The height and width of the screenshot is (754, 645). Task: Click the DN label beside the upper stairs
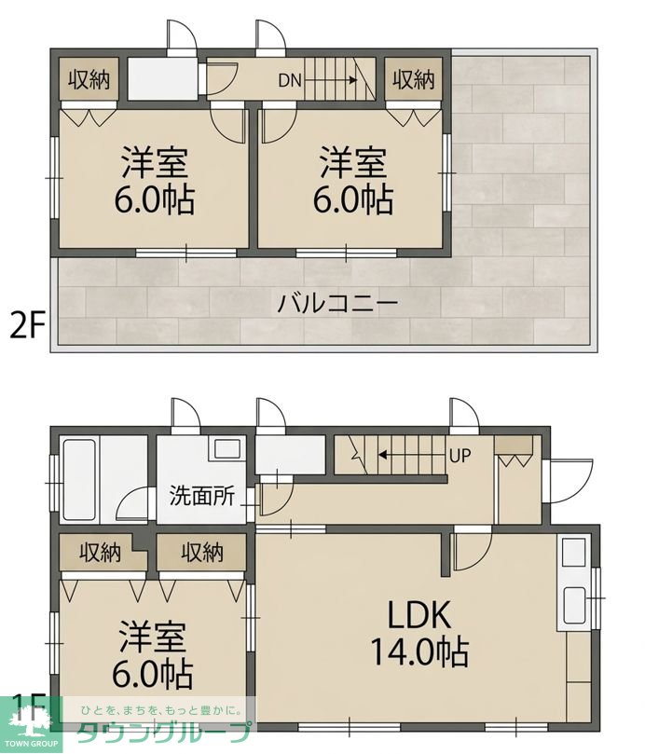coord(290,80)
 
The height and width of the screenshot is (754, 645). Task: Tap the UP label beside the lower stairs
coord(460,455)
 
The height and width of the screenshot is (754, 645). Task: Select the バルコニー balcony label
coord(338,304)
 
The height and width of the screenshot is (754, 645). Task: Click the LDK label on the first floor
coord(419,615)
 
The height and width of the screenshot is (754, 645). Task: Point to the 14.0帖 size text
coord(419,651)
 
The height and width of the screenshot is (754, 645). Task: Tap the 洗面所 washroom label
coord(202,496)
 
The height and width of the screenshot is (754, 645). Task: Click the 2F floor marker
coord(28,327)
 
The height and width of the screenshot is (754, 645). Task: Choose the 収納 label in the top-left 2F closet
coord(89,79)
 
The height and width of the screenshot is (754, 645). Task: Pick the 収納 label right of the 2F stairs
coord(414,79)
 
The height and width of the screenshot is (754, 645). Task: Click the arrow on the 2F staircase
coord(331,80)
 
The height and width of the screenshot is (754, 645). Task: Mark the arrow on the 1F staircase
coord(411,455)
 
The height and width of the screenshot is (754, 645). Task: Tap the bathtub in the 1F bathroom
coord(79,479)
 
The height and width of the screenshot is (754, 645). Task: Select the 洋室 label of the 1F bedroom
coord(153,637)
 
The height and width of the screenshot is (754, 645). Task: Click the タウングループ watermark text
coord(165,733)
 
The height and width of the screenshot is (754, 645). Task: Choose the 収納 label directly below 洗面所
coord(202,553)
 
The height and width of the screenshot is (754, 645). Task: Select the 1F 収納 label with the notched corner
coord(101,553)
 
